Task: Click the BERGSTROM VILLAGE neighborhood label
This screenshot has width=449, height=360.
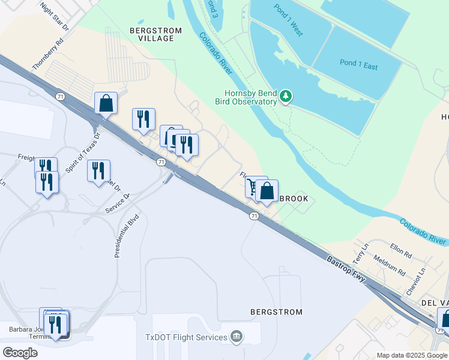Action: (x=152, y=34)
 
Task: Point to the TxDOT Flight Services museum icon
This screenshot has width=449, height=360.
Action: (x=237, y=337)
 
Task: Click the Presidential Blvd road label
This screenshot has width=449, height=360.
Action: (x=127, y=236)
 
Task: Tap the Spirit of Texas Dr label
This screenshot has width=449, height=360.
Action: (x=82, y=153)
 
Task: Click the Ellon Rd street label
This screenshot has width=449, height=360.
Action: (x=400, y=251)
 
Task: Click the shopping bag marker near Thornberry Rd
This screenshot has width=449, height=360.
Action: (x=106, y=103)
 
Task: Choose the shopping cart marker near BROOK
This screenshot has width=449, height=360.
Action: (x=253, y=187)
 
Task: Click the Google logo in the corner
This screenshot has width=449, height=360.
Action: (x=20, y=353)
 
